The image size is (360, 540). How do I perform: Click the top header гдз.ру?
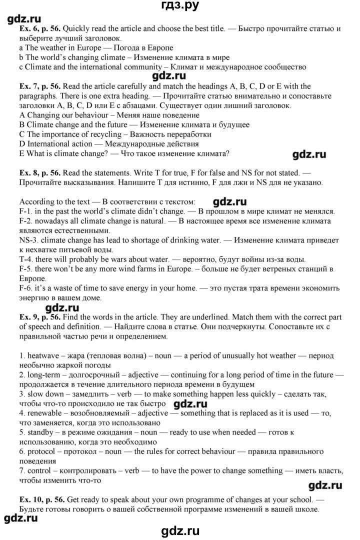coord(179,6)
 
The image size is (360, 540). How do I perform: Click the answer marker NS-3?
coord(29,240)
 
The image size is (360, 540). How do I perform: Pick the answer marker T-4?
coord(25,259)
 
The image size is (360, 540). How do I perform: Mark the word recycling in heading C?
coord(104,134)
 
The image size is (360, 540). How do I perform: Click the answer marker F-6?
coord(26,288)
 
